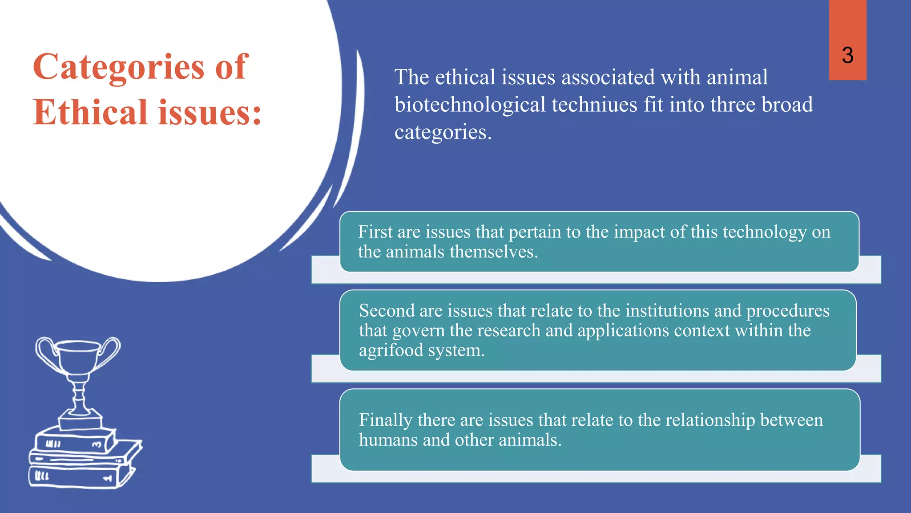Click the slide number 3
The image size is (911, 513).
[847, 56]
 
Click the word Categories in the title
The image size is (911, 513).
[118, 67]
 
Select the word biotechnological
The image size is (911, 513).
[470, 105]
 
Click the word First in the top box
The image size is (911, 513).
[375, 232]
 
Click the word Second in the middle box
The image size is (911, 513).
[386, 310]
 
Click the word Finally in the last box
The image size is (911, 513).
[385, 420]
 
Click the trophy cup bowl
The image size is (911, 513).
[78, 356]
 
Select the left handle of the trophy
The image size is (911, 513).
[44, 352]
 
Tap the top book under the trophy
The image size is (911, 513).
[73, 441]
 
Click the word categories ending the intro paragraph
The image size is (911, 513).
[443, 132]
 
